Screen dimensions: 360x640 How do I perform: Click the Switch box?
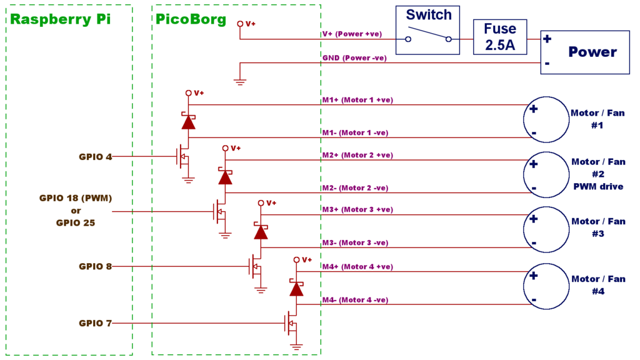pos(428,30)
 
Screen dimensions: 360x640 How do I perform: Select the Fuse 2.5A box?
pos(499,37)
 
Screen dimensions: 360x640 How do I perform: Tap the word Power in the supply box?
pos(592,52)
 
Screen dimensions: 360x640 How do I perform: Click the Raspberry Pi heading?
pos(61,19)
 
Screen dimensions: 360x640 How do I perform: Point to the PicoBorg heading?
pos(191,19)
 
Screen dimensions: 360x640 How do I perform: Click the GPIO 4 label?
pos(96,157)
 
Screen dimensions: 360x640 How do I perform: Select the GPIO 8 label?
pos(96,266)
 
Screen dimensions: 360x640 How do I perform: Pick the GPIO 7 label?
pos(96,323)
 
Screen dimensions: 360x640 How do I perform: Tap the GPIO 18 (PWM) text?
pos(76,198)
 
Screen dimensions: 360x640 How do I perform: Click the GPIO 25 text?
pos(76,222)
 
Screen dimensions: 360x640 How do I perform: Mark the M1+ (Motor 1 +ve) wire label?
pos(357,100)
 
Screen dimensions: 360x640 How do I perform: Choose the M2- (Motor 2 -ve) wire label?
pos(355,188)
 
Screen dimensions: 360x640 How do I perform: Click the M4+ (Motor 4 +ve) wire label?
pos(357,267)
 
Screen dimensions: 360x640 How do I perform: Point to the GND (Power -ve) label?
pos(354,58)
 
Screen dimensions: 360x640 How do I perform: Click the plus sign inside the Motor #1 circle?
pos(533,109)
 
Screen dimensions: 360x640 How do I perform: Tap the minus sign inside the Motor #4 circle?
pos(534,300)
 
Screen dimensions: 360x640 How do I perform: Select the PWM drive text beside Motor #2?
pos(598,186)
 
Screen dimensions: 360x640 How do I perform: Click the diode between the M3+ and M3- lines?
pos(260,231)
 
